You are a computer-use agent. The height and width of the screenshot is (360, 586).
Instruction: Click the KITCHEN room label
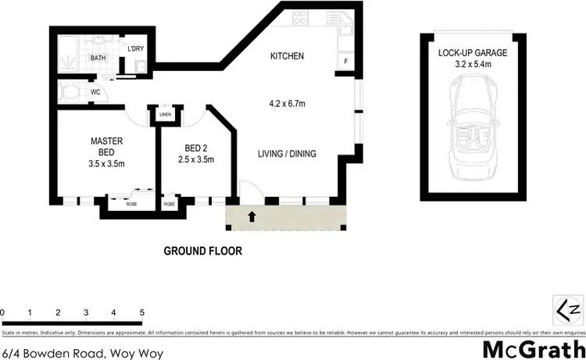click(287, 56)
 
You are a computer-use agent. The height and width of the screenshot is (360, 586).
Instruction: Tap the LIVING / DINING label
click(287, 154)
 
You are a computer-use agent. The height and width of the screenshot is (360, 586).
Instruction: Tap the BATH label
click(98, 59)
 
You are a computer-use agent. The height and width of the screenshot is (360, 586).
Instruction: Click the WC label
click(95, 91)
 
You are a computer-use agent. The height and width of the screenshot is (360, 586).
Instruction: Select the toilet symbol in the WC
click(70, 92)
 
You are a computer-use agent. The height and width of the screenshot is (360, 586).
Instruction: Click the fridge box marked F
click(345, 61)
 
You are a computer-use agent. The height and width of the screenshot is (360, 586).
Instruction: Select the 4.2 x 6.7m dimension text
click(287, 103)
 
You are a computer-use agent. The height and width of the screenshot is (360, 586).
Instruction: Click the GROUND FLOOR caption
click(202, 251)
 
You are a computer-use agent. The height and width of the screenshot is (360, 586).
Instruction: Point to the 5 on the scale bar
click(141, 312)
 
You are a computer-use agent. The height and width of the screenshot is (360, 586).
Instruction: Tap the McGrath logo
click(534, 347)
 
